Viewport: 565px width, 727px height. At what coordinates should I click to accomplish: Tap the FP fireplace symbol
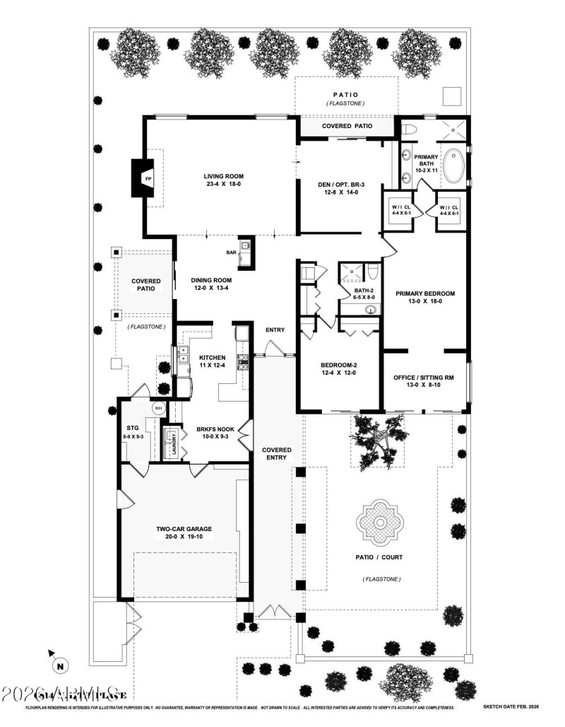pyautogui.click(x=148, y=180)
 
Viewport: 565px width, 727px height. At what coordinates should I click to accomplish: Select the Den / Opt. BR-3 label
pyautogui.click(x=340, y=187)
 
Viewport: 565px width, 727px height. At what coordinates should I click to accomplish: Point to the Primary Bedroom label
pyautogui.click(x=424, y=297)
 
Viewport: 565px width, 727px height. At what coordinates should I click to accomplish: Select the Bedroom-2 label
pyautogui.click(x=335, y=369)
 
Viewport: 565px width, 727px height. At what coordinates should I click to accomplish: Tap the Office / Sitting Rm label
pyautogui.click(x=423, y=382)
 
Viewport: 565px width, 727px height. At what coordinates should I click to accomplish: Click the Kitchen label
pyautogui.click(x=212, y=361)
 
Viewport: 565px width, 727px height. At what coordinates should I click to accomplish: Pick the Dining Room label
pyautogui.click(x=211, y=284)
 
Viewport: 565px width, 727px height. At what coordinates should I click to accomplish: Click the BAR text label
pyautogui.click(x=230, y=251)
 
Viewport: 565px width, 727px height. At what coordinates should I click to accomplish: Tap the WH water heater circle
pyautogui.click(x=157, y=408)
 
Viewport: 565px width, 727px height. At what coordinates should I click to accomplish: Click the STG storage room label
pyautogui.click(x=132, y=432)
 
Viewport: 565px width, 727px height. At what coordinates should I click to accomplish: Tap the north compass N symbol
pyautogui.click(x=60, y=665)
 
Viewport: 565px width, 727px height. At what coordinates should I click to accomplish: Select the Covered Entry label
pyautogui.click(x=276, y=453)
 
